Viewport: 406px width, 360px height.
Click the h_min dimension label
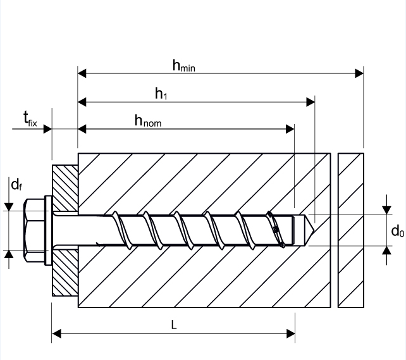[x=184, y=65]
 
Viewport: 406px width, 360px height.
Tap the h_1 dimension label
[x=161, y=94]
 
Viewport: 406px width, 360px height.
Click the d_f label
[x=16, y=185]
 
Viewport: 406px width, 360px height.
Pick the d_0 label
[x=397, y=231]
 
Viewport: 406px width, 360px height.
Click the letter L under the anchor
[x=174, y=324]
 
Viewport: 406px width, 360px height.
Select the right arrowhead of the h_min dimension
[x=359, y=73]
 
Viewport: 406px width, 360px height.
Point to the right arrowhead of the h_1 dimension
[x=311, y=101]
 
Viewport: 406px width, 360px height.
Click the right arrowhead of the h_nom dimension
[x=290, y=129]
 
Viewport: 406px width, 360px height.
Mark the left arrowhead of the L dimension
[x=56, y=332]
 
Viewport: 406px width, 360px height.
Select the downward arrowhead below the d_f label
[x=9, y=206]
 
